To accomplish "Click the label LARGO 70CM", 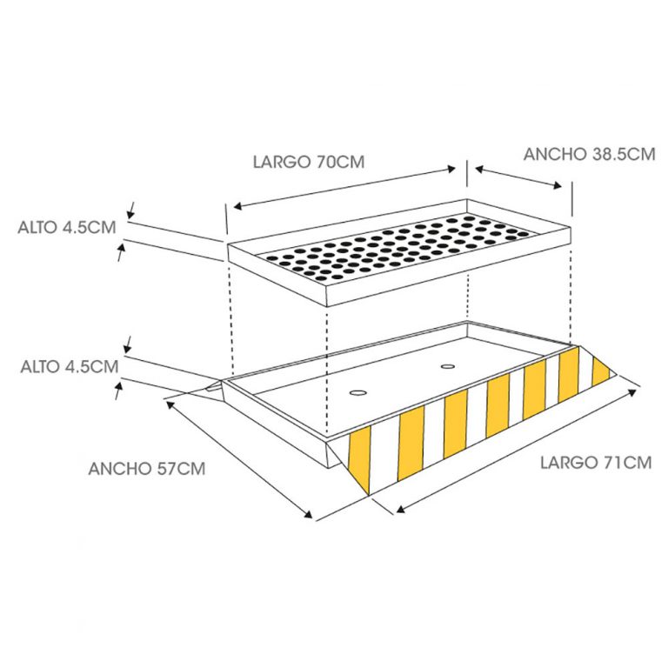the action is (309, 162).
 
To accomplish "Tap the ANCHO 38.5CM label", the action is (589, 154).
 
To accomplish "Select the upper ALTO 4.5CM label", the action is (67, 227).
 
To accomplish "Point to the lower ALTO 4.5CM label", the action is (70, 366).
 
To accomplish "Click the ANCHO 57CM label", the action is (147, 469).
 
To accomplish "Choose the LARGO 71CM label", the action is (596, 462).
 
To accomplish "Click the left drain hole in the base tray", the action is (357, 392).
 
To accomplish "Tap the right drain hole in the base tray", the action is (448, 366).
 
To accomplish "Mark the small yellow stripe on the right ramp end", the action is (601, 371).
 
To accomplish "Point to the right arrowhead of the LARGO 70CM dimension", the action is (451, 169).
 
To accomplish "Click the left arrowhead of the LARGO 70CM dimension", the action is (237, 206).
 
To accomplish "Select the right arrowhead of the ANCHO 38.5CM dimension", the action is (558, 185).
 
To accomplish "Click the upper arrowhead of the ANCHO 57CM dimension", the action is (170, 404).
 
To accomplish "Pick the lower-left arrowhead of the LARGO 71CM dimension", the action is (400, 508).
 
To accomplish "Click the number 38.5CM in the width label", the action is (623, 154).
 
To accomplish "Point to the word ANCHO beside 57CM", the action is (118, 469).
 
